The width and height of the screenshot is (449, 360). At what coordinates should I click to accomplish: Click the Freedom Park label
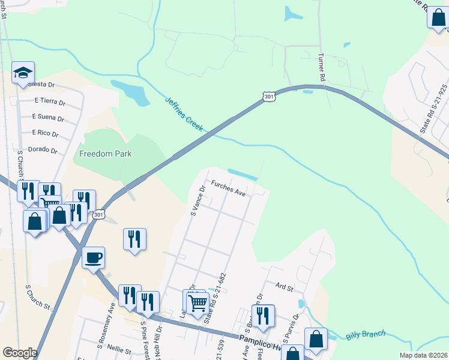[x=106, y=154]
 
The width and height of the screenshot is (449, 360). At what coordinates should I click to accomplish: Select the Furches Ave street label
[x=228, y=188]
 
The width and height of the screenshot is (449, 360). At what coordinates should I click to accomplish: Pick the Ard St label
[x=284, y=288]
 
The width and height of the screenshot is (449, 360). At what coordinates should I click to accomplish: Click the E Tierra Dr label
[x=49, y=100]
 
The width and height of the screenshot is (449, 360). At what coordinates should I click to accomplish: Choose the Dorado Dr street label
[x=42, y=151]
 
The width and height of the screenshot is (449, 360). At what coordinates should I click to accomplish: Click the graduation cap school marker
[x=23, y=73]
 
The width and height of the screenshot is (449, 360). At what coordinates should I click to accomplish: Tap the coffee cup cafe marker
[x=94, y=258]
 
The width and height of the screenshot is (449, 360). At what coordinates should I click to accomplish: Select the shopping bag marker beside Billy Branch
[x=316, y=340]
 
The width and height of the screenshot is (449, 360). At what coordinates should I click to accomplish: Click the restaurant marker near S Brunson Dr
[x=263, y=316]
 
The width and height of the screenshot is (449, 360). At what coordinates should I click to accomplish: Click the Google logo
[x=20, y=353]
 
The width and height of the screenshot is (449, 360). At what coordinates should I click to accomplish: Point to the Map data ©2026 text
[x=423, y=355]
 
